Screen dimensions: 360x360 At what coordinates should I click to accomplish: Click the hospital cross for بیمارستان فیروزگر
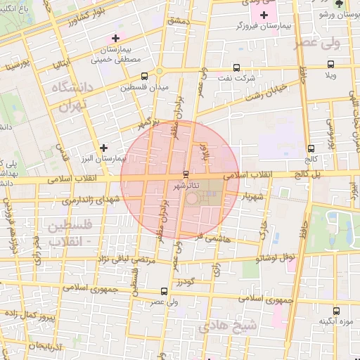[x=264, y=15]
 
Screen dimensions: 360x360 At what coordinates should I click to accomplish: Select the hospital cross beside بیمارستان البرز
[x=104, y=148]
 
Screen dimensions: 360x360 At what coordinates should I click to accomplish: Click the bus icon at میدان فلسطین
[x=145, y=76]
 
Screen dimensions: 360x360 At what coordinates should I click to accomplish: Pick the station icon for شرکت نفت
[x=236, y=68]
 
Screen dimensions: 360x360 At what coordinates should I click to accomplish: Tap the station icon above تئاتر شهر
[x=186, y=173]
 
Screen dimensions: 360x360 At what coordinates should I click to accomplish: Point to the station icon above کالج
[x=311, y=148]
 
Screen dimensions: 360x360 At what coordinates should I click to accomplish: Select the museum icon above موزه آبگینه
[x=337, y=309]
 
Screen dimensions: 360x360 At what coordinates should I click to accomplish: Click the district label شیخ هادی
[x=224, y=327]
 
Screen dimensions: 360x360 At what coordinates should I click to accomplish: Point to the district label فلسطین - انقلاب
[x=64, y=233]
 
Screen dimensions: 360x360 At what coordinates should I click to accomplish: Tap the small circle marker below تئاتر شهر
[x=192, y=200]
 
